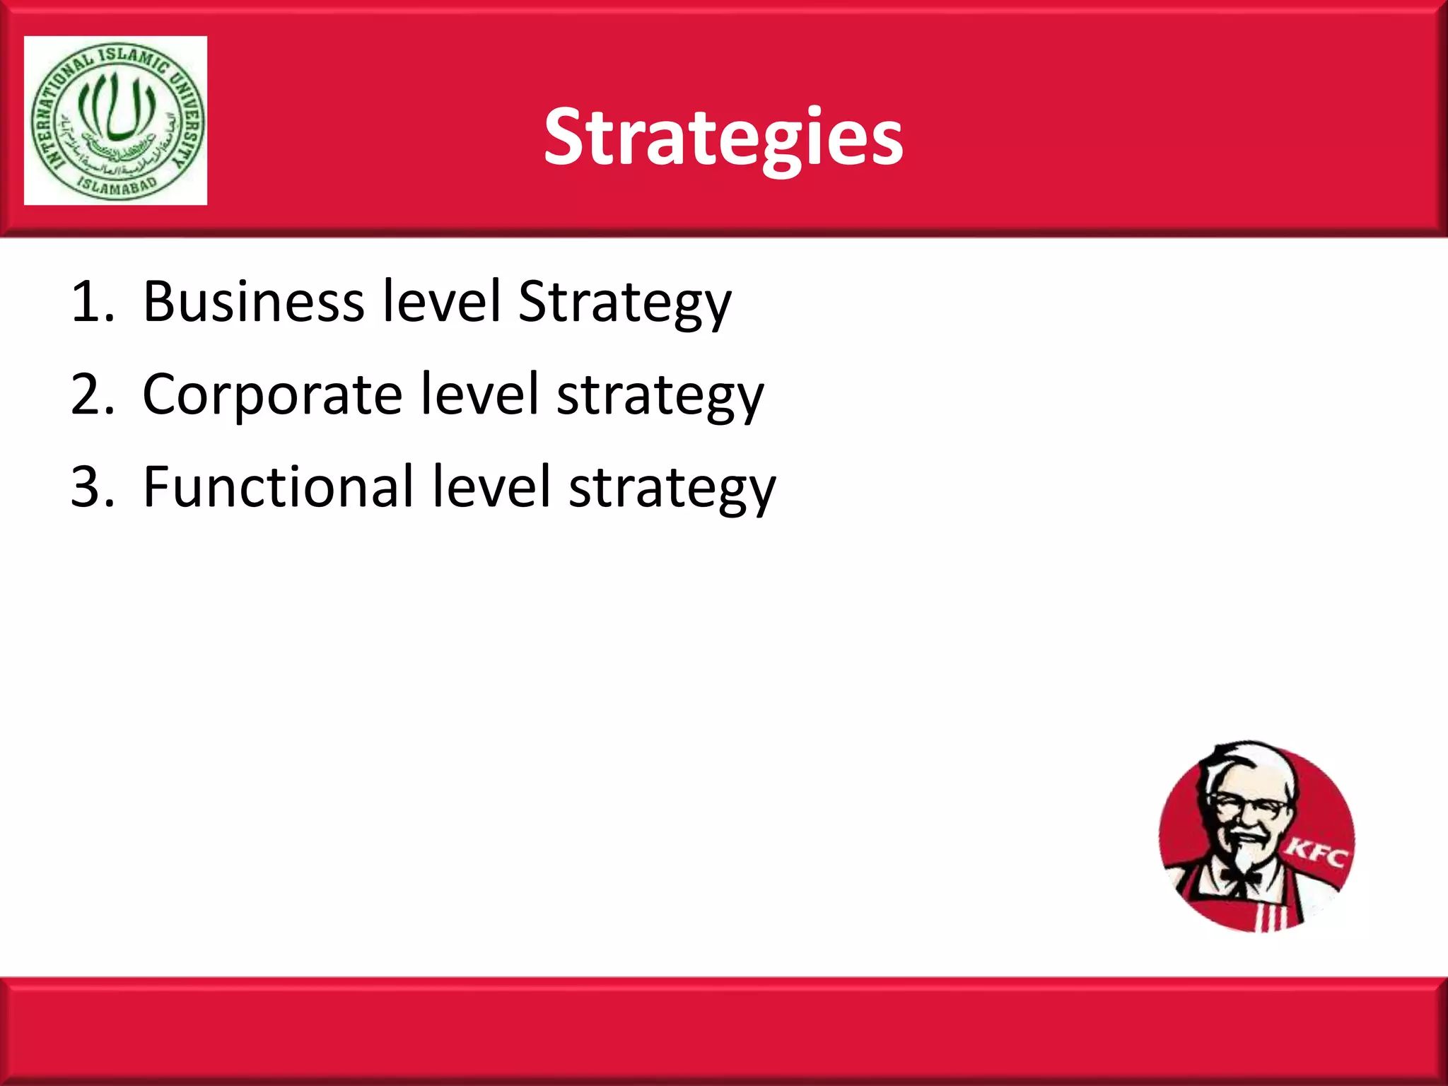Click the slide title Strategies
[x=723, y=138]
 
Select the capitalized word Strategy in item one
[x=624, y=302]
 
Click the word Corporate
[x=272, y=395]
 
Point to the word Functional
[x=278, y=487]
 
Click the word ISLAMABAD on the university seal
[x=117, y=187]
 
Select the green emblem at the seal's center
[x=116, y=106]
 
